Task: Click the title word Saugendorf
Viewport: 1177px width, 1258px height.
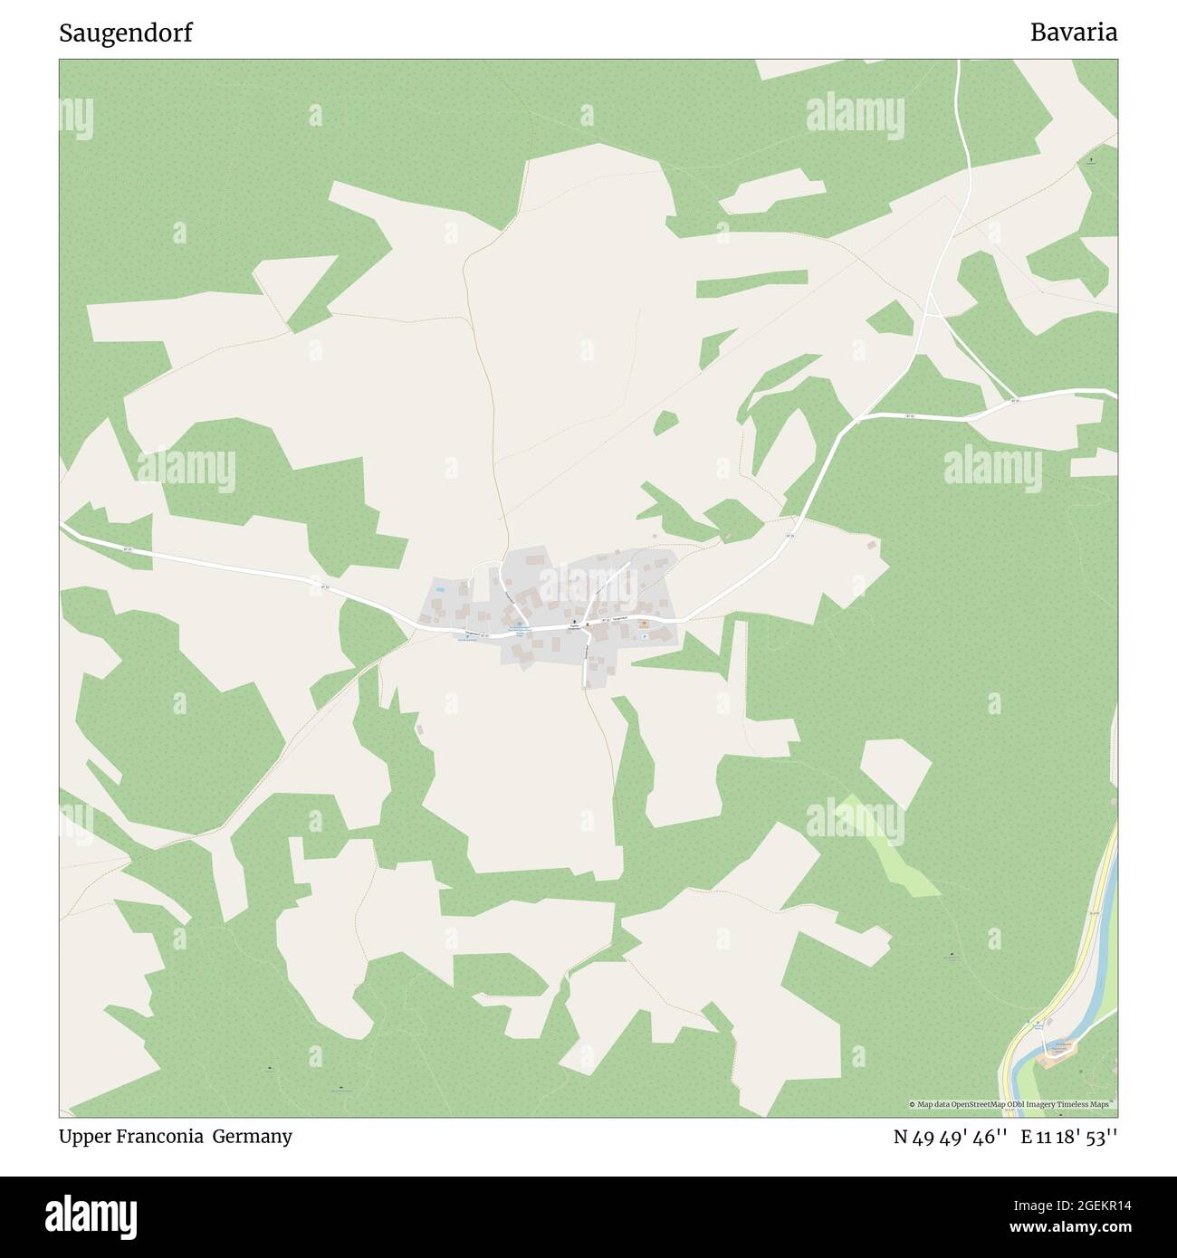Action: pyautogui.click(x=125, y=33)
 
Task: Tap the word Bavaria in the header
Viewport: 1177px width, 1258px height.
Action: pyautogui.click(x=1073, y=33)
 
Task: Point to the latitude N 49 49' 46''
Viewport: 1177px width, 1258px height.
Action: pyautogui.click(x=950, y=1137)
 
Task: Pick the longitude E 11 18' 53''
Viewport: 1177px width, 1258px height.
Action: pyautogui.click(x=1069, y=1137)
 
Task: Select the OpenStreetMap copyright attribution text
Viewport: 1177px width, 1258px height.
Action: pyautogui.click(x=1012, y=1104)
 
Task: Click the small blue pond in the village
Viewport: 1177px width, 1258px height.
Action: pyautogui.click(x=440, y=590)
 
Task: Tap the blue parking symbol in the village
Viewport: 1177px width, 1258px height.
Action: pyautogui.click(x=644, y=635)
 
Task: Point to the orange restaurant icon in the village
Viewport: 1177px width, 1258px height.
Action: pyautogui.click(x=645, y=623)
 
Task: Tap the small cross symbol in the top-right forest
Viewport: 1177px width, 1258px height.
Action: pyautogui.click(x=1092, y=160)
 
